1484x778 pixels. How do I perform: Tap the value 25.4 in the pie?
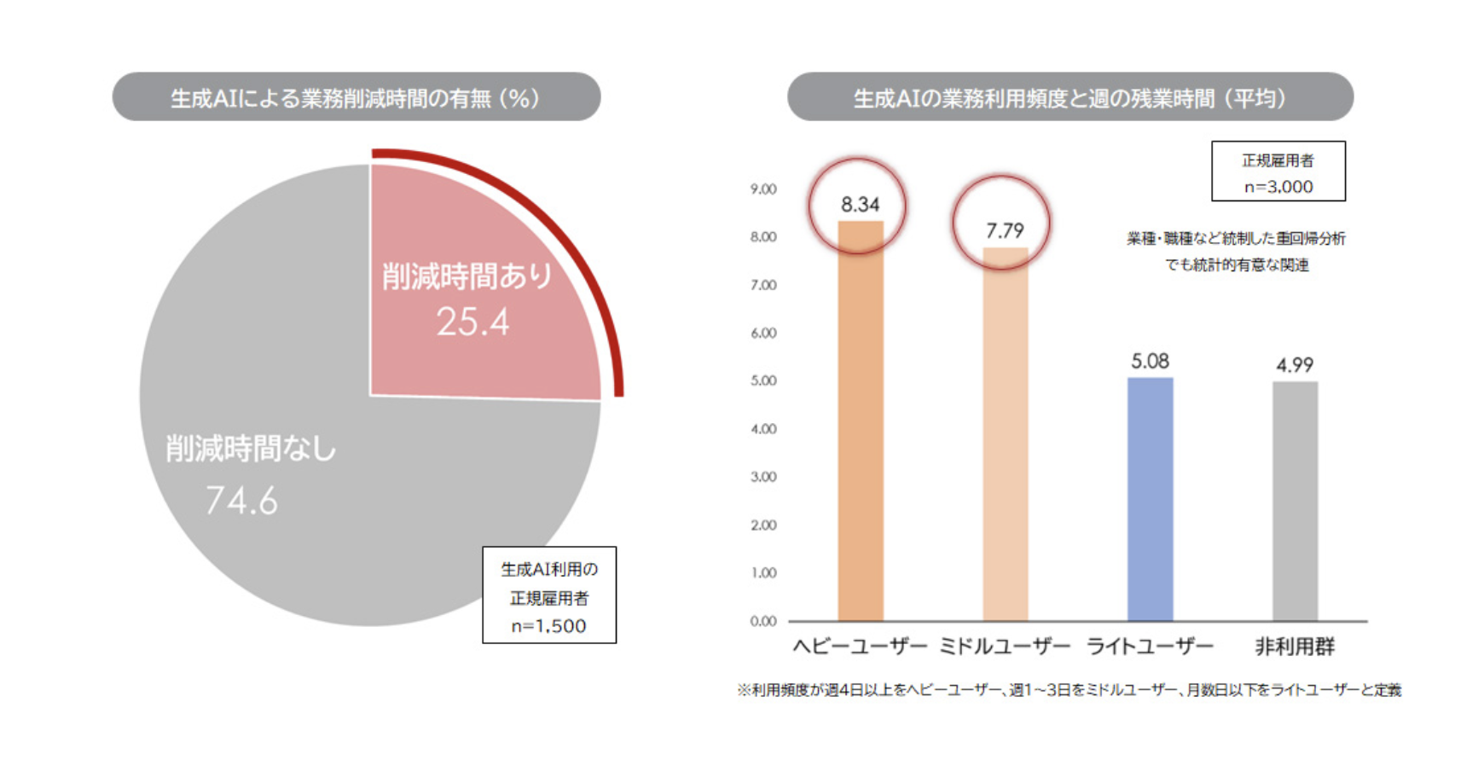click(472, 322)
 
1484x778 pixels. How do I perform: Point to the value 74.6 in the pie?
click(241, 501)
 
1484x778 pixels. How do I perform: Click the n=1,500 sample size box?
click(549, 595)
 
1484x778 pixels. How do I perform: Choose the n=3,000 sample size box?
click(1278, 171)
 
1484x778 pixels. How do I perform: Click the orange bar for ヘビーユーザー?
click(861, 427)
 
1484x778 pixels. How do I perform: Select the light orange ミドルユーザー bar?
click(1005, 435)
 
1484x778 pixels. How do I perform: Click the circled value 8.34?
click(860, 205)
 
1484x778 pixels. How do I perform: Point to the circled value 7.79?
click(1004, 230)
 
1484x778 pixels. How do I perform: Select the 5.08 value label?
click(1150, 362)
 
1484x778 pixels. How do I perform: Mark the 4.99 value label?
click(1295, 365)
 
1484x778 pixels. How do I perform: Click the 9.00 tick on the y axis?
click(763, 189)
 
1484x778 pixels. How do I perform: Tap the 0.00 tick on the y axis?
click(763, 621)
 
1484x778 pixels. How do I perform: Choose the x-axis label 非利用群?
click(1295, 647)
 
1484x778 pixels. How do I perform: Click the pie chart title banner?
click(357, 97)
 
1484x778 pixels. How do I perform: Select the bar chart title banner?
click(1070, 97)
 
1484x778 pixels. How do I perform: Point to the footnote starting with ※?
click(1070, 690)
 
